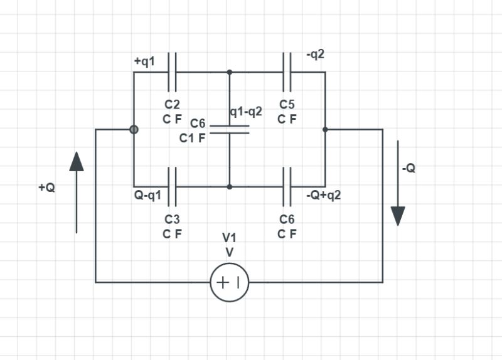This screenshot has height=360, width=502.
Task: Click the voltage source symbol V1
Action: click(229, 282)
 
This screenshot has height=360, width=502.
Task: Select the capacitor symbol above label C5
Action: click(287, 72)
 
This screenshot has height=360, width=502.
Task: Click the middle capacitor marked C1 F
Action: click(229, 130)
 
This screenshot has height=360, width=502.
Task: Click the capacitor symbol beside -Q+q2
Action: click(287, 187)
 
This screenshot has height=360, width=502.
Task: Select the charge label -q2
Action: click(315, 55)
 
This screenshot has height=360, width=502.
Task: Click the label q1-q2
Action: click(246, 112)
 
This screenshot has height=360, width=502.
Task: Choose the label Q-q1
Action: click(148, 195)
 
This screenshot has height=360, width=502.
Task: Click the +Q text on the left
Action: click(46, 188)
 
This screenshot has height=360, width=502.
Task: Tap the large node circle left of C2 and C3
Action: click(134, 129)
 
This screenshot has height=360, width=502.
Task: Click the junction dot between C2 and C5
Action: click(229, 72)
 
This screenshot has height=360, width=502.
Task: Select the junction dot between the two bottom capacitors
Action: click(229, 187)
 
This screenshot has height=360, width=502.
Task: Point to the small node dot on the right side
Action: click(325, 129)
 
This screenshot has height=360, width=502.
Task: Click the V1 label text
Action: click(229, 238)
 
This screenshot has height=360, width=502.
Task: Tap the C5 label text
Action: click(287, 105)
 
